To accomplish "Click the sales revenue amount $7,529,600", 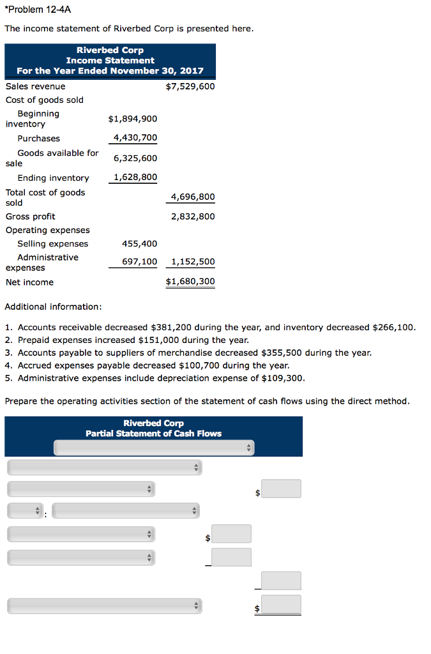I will (x=190, y=86).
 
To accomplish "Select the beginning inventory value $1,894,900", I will (x=132, y=119).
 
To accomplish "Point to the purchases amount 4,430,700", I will (x=135, y=138).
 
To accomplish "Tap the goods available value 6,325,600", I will (x=135, y=158).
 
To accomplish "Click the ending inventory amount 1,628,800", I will (x=135, y=178).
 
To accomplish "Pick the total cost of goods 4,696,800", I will (x=193, y=197).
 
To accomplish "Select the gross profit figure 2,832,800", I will (x=193, y=217).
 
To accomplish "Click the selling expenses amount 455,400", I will (x=139, y=243).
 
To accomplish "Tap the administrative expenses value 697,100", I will (x=139, y=262).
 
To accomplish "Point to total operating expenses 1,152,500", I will (x=193, y=262).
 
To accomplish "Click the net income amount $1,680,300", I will (x=190, y=282).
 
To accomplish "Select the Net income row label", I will (x=29, y=282).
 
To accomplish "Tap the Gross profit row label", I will (x=30, y=217).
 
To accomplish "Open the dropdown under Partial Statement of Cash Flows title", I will (x=153, y=448).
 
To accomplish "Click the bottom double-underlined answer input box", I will (x=281, y=604).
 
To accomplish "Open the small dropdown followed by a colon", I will (x=25, y=511).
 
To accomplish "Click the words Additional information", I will (x=53, y=307).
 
